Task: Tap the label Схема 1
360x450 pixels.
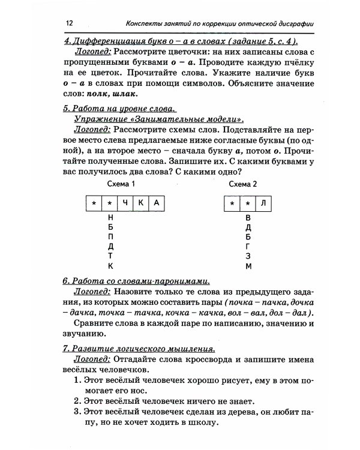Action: [121, 184]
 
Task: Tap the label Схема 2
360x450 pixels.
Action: [243, 184]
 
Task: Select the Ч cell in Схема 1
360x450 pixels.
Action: [125, 203]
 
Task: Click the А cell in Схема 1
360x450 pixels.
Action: [155, 203]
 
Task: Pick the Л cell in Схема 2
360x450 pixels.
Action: [263, 203]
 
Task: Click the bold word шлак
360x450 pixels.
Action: [127, 94]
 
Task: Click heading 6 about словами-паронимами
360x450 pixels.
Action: [136, 281]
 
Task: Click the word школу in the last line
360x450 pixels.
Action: [199, 423]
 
